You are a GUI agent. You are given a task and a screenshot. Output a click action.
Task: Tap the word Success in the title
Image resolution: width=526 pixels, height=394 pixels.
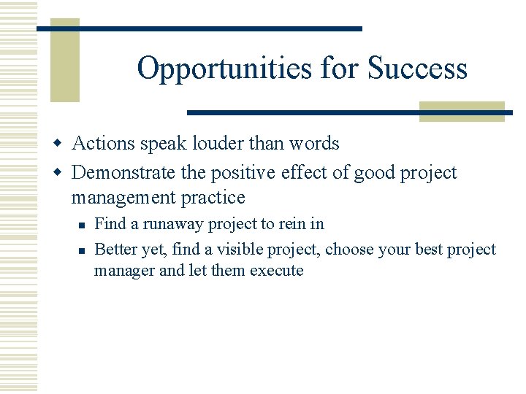pyautogui.click(x=417, y=69)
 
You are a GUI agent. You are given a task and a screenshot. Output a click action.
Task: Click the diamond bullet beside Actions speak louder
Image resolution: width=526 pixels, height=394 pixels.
pyautogui.click(x=63, y=144)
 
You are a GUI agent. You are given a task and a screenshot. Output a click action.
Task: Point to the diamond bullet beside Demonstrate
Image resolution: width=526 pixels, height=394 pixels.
pyautogui.click(x=63, y=173)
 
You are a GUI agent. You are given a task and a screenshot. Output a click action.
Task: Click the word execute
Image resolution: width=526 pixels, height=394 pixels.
pyautogui.click(x=276, y=270)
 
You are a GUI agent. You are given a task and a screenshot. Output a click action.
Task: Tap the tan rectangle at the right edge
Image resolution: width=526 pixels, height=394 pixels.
pyautogui.click(x=462, y=110)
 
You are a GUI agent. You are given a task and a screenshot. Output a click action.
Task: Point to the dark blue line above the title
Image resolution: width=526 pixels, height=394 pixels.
pyautogui.click(x=199, y=28)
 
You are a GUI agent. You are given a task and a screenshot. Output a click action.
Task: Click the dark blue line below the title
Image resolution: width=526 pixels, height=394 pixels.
pyautogui.click(x=349, y=112)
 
